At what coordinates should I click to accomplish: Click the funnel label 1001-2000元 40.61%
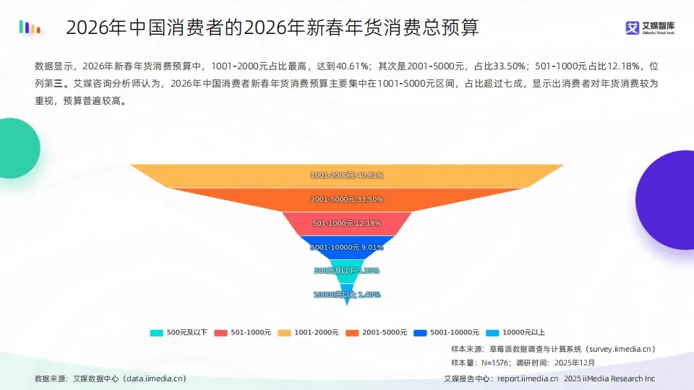(x=346, y=175)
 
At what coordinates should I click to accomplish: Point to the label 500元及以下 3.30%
(x=346, y=271)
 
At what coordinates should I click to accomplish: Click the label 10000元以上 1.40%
(x=346, y=295)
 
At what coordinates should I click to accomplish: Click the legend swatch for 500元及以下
(x=156, y=333)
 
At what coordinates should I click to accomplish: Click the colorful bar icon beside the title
(x=30, y=28)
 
